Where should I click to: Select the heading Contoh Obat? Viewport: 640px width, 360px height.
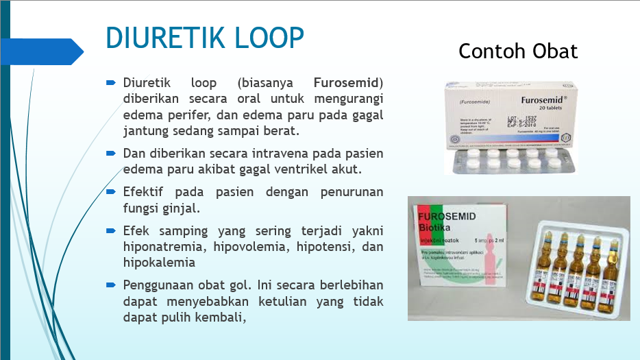click(518, 51)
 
